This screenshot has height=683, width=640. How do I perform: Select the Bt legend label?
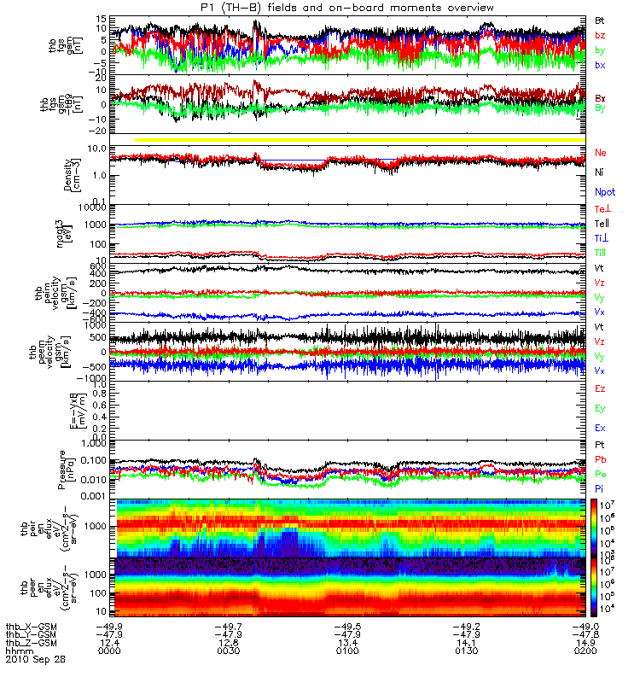pyautogui.click(x=600, y=19)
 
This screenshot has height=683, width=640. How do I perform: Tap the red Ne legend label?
pyautogui.click(x=600, y=152)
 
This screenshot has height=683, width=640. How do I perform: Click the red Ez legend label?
pyautogui.click(x=600, y=388)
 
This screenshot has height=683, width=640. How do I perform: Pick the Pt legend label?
pyautogui.click(x=600, y=447)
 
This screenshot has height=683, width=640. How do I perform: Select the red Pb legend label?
pyautogui.click(x=600, y=460)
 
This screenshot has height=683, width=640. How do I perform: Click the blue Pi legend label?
pyautogui.click(x=600, y=487)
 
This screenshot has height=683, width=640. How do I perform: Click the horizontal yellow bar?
pyautogui.click(x=358, y=139)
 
